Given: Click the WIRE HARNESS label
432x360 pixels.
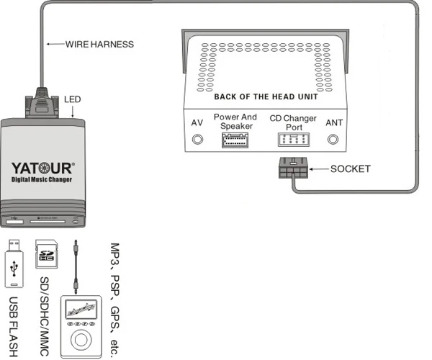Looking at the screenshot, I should coord(99,44).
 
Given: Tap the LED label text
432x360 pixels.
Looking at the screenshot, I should coord(73,99).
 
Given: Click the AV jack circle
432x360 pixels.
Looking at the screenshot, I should coord(196,138).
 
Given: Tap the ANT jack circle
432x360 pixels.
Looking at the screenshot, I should coord(333,138).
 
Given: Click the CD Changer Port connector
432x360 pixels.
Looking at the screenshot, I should coord(287,139).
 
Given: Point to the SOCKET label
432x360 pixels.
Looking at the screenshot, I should coord(350,169).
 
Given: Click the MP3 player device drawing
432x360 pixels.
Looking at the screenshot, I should coord(81,323).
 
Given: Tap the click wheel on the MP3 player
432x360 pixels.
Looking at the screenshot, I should coord(81,337).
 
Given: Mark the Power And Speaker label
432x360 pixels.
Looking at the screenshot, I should coord(235,121).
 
